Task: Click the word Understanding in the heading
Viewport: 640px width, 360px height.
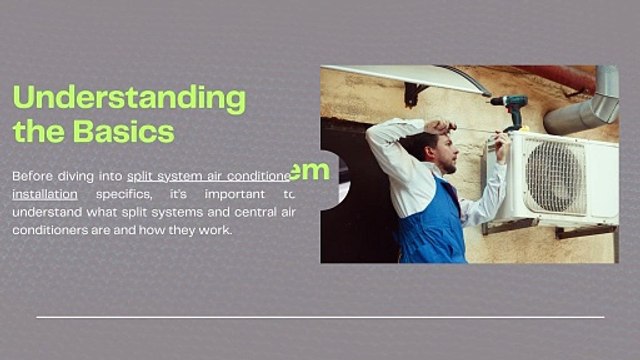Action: pos(128,98)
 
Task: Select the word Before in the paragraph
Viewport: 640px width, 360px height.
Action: pos(32,175)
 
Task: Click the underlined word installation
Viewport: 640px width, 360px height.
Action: pos(44,193)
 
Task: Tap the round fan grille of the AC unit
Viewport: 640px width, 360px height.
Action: pos(556,176)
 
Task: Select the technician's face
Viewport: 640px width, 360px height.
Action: pos(446,152)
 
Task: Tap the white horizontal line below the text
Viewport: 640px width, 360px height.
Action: pos(320,317)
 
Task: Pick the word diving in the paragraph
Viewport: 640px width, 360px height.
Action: pos(85,175)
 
